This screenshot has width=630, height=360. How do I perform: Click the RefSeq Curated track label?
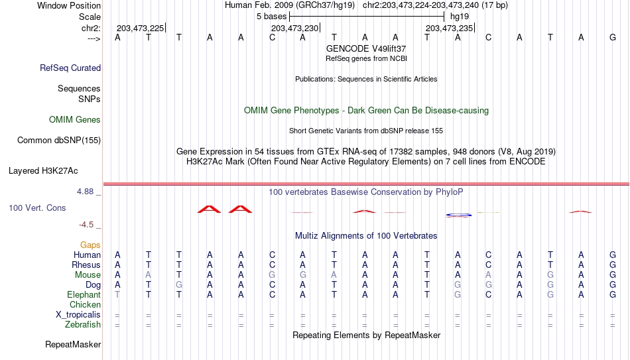coord(70,68)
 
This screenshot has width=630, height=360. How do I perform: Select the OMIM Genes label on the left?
coord(75,120)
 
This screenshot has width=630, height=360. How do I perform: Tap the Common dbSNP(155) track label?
coord(59,141)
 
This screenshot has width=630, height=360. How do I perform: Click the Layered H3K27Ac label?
coord(43,171)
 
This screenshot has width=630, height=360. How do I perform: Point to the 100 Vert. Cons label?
coord(37,208)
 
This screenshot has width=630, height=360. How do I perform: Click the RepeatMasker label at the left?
coord(73,344)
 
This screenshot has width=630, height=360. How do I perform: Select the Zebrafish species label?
coord(83,324)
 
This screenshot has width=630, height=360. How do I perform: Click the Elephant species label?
coord(84,294)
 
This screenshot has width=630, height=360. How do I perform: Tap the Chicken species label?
coord(85,304)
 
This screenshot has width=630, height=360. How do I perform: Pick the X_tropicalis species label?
coord(78,315)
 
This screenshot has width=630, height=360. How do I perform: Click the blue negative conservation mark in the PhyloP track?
coord(458,215)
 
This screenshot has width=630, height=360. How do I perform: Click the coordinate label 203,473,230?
coord(295,28)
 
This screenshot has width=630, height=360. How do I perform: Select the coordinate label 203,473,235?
coord(449,28)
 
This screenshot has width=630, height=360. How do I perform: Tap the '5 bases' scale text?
coord(272,17)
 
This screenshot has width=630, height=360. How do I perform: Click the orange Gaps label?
coord(90,245)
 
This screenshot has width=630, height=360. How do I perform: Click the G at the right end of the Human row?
coord(613,255)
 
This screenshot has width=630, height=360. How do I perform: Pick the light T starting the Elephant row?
coord(117,294)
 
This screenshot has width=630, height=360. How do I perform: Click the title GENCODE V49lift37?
coord(366,48)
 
